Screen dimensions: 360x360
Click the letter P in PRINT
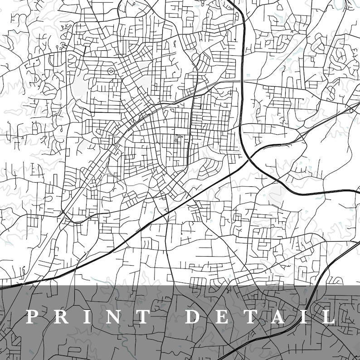coord(32,316)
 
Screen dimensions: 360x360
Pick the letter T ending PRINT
coord(143,316)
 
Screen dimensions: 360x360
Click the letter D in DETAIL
coord(194,316)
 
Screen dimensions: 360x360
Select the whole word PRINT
coord(88,316)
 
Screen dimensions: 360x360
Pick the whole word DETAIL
coord(260,316)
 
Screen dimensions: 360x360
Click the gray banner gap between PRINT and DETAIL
coord(168,316)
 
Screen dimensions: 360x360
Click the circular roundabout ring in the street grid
coord(111,71)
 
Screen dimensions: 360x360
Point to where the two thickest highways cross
coord(248,159)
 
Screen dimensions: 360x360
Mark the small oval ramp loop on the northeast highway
coord(353,109)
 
